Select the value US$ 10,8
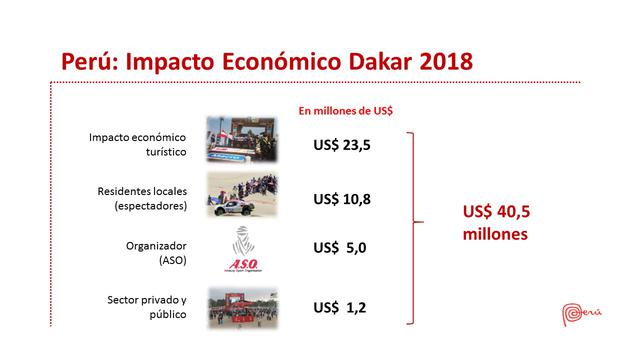click(342, 199)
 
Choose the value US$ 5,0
click(342, 248)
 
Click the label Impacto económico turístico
click(151, 145)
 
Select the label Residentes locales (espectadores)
click(150, 199)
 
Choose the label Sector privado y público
click(149, 307)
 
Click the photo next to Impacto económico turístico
click(242, 138)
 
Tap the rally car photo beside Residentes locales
click(242, 193)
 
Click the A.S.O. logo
click(242, 250)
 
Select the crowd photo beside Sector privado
click(242, 306)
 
